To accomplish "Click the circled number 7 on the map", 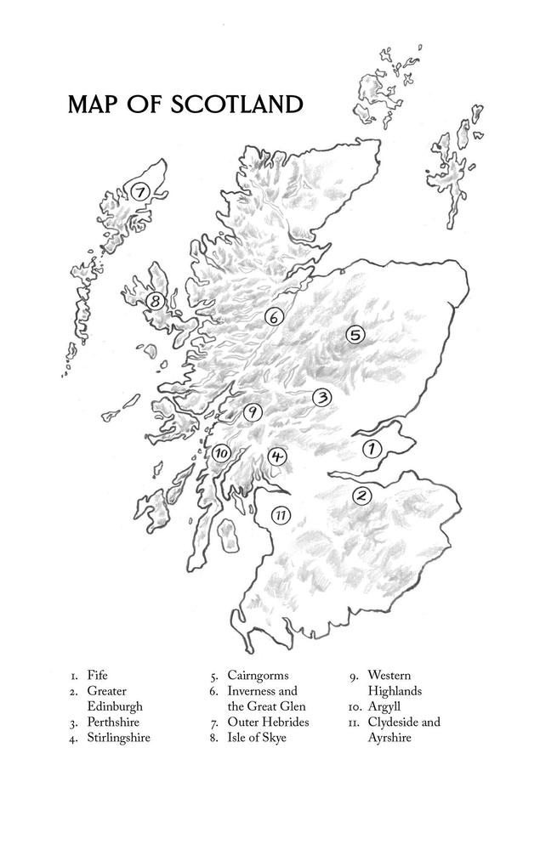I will [x=140, y=191].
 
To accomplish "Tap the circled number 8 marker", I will [x=155, y=301].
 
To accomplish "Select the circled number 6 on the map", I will [x=273, y=317].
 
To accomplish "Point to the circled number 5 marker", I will [x=355, y=336].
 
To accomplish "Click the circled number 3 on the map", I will [x=321, y=397].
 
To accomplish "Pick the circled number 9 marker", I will [x=252, y=412].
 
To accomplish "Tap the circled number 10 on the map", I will [x=221, y=453].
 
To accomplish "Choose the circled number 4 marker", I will [x=276, y=456].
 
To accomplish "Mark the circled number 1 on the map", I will [x=372, y=448].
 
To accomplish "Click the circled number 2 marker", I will [x=361, y=496].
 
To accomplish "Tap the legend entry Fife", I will [x=98, y=676].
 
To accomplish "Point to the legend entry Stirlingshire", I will [x=118, y=738].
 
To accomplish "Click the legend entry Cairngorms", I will [x=258, y=676].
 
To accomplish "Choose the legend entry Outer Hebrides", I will [x=268, y=722].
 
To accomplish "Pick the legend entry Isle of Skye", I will [x=257, y=738].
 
